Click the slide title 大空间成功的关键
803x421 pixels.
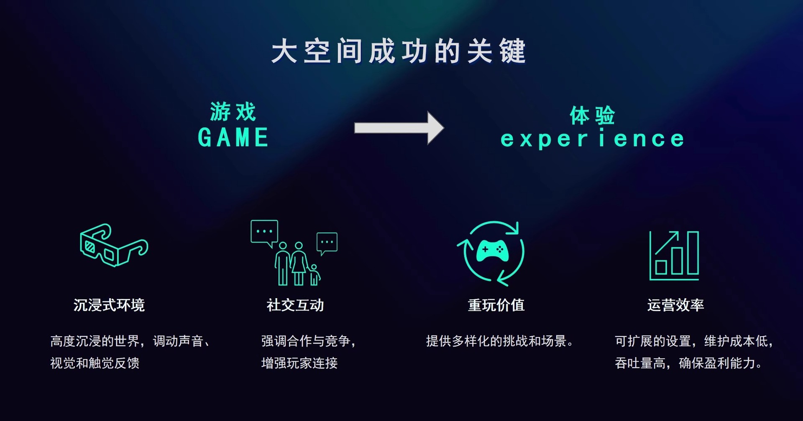(x=398, y=51)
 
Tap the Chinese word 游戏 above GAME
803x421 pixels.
(x=233, y=112)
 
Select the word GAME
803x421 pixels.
(x=233, y=138)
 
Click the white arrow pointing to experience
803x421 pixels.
(x=398, y=128)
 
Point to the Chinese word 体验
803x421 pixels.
(x=592, y=115)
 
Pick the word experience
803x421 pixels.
(x=592, y=139)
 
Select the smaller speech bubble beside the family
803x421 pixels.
(x=327, y=242)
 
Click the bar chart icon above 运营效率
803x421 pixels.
(x=674, y=256)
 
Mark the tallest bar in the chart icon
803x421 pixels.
(x=693, y=253)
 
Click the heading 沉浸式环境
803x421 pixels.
(x=109, y=305)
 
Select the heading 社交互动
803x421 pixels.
(x=295, y=305)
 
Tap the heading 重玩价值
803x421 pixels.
(x=496, y=305)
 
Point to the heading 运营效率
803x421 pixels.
(x=675, y=305)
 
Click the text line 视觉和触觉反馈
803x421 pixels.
(x=95, y=363)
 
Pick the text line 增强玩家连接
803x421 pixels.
(x=299, y=363)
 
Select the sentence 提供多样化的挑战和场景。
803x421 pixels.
(x=499, y=341)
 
